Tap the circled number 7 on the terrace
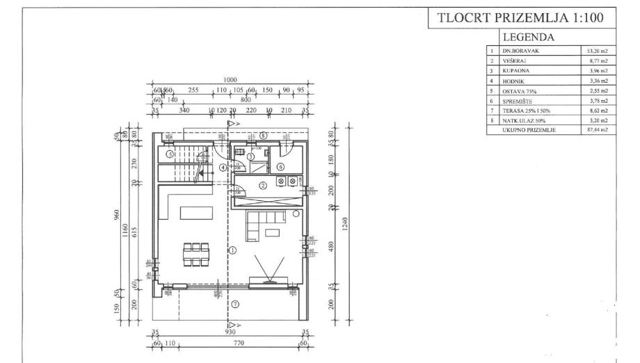(234, 303)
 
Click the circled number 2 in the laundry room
(262, 186)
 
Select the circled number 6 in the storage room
(280, 167)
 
